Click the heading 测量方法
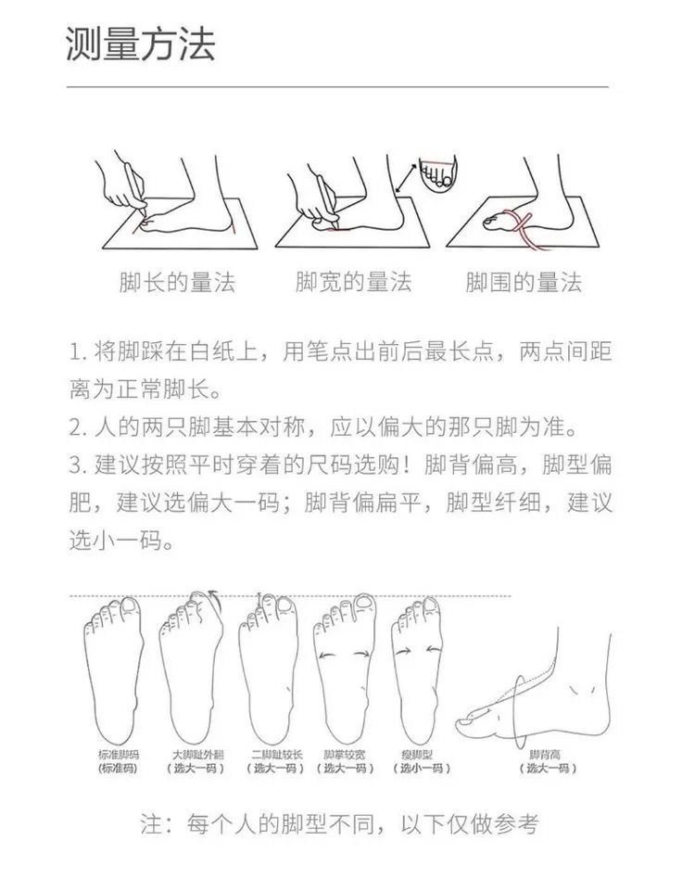pos(141,44)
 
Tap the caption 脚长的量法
pos(178,282)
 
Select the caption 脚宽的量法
pos(353,282)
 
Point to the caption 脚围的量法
pos(524,282)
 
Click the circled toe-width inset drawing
pos(437,173)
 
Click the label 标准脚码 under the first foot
pos(119,755)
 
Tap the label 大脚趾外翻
pos(197,755)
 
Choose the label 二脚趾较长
pos(276,755)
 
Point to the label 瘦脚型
pos(417,755)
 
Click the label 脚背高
pos(545,755)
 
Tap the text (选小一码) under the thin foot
pos(422,768)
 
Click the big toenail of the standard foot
pos(130,605)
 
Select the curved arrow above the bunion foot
pos(213,595)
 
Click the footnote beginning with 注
pos(339,824)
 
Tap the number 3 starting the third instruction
pos(75,465)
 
